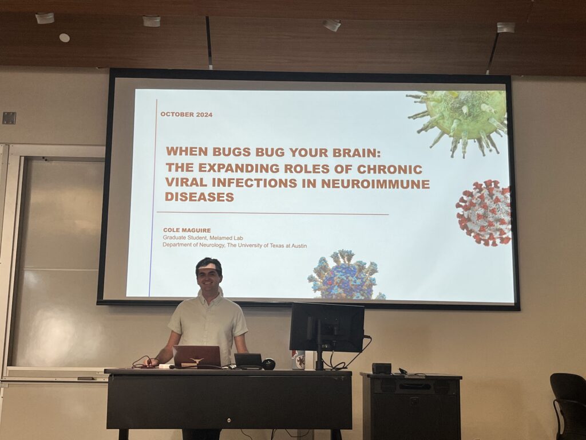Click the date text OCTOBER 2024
[187, 115]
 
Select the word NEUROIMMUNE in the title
[375, 184]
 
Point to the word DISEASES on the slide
[200, 197]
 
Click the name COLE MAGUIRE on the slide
[187, 230]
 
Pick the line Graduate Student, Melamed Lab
[203, 238]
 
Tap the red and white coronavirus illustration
[484, 213]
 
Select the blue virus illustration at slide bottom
[346, 275]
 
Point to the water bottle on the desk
[298, 360]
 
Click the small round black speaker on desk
[268, 364]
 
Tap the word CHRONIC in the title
[389, 169]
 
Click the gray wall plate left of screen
[9, 118]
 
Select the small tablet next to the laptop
[248, 360]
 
